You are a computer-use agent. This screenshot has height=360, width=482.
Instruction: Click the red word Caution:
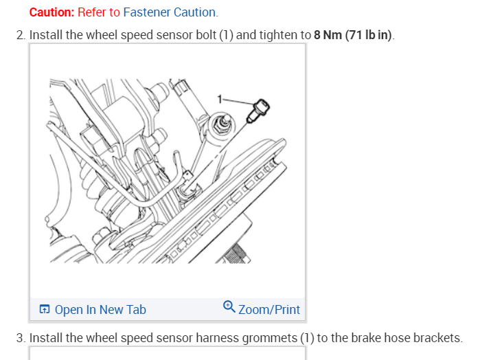(x=52, y=12)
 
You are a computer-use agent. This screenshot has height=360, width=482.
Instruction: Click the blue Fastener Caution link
(x=170, y=12)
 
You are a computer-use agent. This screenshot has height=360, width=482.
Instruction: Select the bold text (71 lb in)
(x=371, y=34)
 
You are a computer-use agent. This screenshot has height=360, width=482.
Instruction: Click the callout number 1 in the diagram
(x=220, y=99)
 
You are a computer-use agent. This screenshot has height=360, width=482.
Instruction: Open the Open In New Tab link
(x=100, y=310)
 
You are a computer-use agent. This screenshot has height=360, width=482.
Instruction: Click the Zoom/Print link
(x=269, y=310)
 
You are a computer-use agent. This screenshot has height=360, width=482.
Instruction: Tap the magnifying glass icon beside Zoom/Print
(x=229, y=308)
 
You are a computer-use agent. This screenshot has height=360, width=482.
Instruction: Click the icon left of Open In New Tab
(x=45, y=310)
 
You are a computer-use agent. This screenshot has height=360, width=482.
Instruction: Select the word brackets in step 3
(x=437, y=338)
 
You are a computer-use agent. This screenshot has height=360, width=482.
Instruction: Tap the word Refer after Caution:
(x=91, y=12)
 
